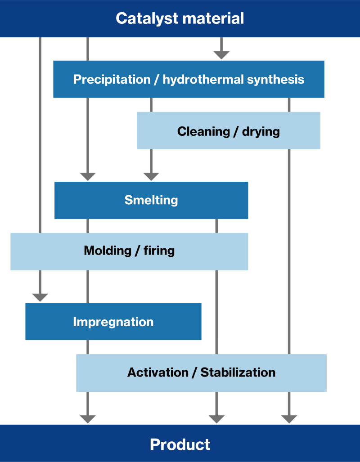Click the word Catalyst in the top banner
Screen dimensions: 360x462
[x=147, y=19]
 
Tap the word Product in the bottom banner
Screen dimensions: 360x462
[x=180, y=444]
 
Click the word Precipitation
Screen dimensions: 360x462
[x=112, y=80]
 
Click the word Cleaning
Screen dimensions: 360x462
[x=203, y=131]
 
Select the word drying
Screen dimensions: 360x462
[x=261, y=132]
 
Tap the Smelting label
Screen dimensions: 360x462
[x=151, y=200]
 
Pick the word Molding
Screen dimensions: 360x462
[x=108, y=251]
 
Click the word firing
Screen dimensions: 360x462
[x=159, y=251]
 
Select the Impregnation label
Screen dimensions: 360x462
[x=113, y=322]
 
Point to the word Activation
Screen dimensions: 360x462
[x=158, y=372]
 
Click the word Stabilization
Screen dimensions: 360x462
[x=238, y=372]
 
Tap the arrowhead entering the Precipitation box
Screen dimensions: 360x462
[x=221, y=55]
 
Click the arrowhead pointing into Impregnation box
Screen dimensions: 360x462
[x=40, y=298]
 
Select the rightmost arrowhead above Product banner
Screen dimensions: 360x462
[x=289, y=419]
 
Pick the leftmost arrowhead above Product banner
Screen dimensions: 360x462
[x=88, y=419]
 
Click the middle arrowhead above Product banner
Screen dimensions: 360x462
[x=216, y=419]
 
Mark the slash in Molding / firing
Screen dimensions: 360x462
[x=137, y=251]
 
